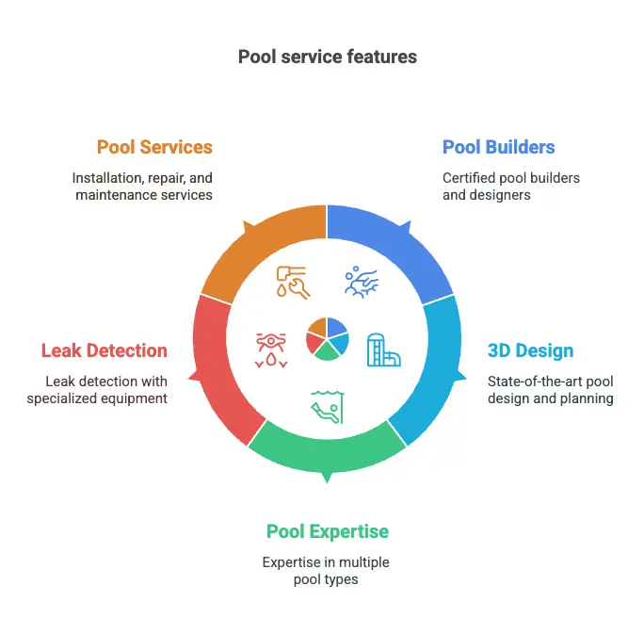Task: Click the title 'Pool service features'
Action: pyautogui.click(x=327, y=57)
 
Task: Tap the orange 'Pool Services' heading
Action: pyautogui.click(x=154, y=147)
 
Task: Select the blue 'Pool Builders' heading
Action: pyautogui.click(x=498, y=147)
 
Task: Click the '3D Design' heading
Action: pyautogui.click(x=530, y=351)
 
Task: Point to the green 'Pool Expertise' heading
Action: pyautogui.click(x=327, y=531)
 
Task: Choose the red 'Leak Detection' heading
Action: pyautogui.click(x=104, y=351)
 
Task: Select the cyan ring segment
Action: pyautogui.click(x=431, y=372)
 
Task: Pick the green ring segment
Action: pyautogui.click(x=327, y=448)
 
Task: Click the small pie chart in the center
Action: pyautogui.click(x=327, y=339)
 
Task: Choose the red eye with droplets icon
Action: pyautogui.click(x=269, y=349)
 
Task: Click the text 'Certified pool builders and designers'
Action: pyautogui.click(x=510, y=187)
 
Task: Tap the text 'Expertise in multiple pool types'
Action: pyautogui.click(x=326, y=571)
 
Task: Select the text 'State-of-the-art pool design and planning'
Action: pyautogui.click(x=550, y=390)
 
